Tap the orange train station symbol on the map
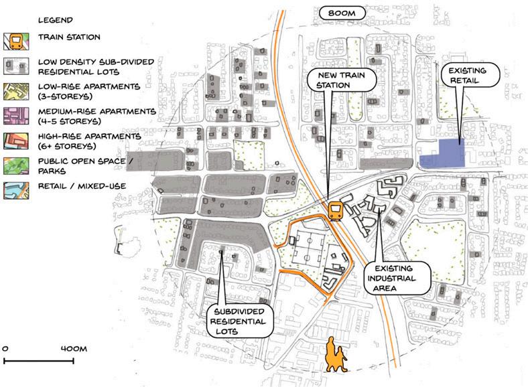pos(336,211)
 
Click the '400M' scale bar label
pos(73,349)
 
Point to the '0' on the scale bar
pos(5,349)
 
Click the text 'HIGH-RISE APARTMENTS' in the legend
pos(89,136)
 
